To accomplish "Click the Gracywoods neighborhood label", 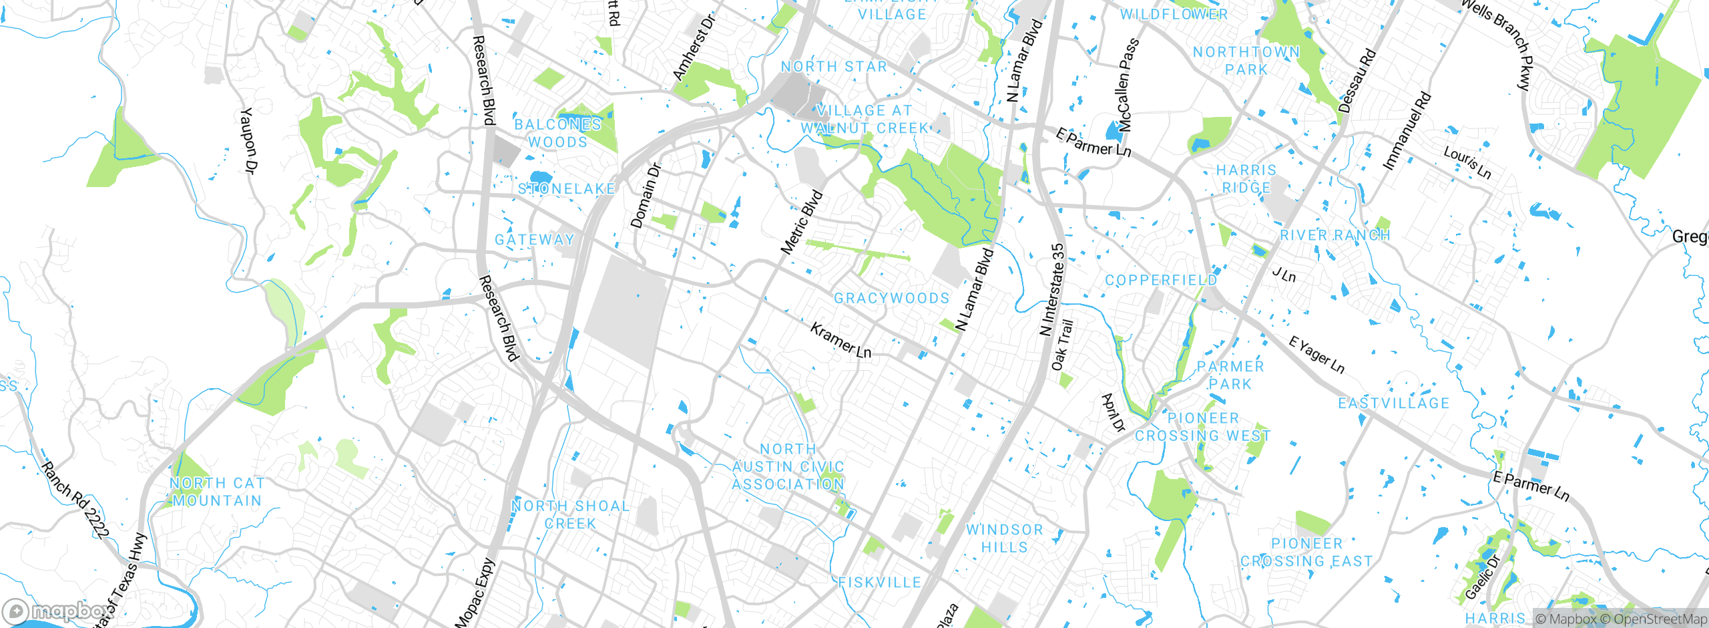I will pos(891,298).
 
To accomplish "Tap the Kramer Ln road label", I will pos(840,340).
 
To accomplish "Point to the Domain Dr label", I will pos(645,196).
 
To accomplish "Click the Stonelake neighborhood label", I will pos(566,189).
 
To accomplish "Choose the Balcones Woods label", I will pos(557,133).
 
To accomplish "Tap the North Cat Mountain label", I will pos(216,492).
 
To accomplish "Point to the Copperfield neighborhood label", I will pos(1161,280).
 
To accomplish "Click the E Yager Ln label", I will pos(1316,355).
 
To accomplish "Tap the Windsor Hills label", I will pos(1004,538).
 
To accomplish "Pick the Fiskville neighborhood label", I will pos(879,583).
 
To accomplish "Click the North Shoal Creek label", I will pos(570,514).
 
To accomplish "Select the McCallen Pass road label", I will pos(1127,85).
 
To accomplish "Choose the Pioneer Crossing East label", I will pos(1306,553).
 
